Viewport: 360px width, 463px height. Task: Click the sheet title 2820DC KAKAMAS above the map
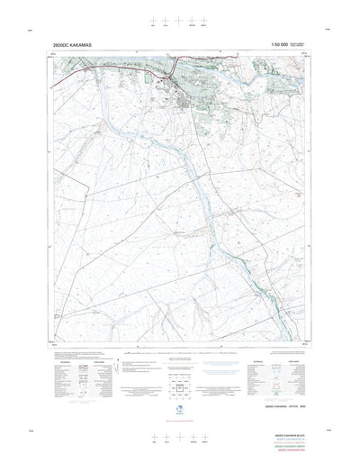coord(74,43)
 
